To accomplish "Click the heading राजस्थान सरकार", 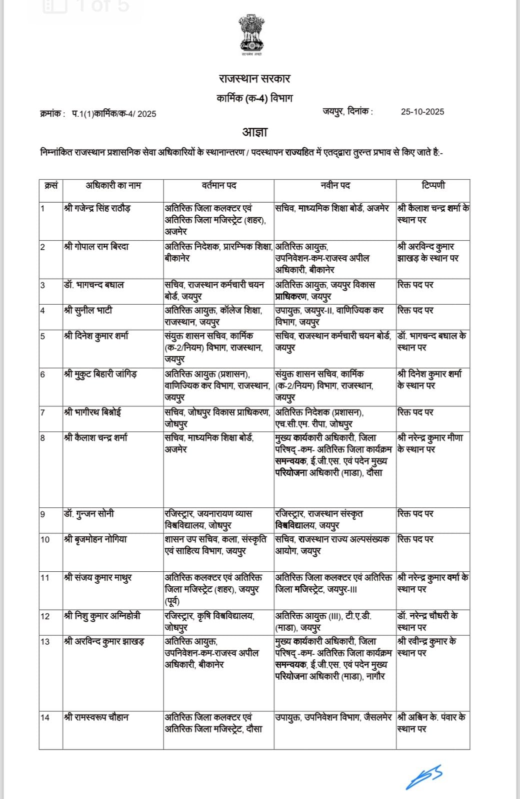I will pos(254,78).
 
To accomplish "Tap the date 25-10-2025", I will pos(422,112).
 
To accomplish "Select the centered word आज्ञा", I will pos(254,132).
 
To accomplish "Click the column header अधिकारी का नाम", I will pos(113,185).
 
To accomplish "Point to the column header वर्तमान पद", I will pos(218,185).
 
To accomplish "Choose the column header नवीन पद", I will pos(335,185).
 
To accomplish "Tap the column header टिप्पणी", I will pos(433,185).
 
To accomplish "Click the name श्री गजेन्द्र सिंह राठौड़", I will pos(97,208).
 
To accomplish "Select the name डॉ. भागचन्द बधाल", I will pos(94,285).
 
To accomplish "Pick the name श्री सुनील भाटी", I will pos(88,311).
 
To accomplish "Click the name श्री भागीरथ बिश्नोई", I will pos(92,412).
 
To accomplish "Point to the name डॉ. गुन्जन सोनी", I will pos(89,514).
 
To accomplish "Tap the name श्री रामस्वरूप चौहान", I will pos(96,718).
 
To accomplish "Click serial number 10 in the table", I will pos(45,540).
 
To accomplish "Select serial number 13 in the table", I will pos(45,642).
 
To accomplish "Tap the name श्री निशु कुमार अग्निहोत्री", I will pos(102,616).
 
